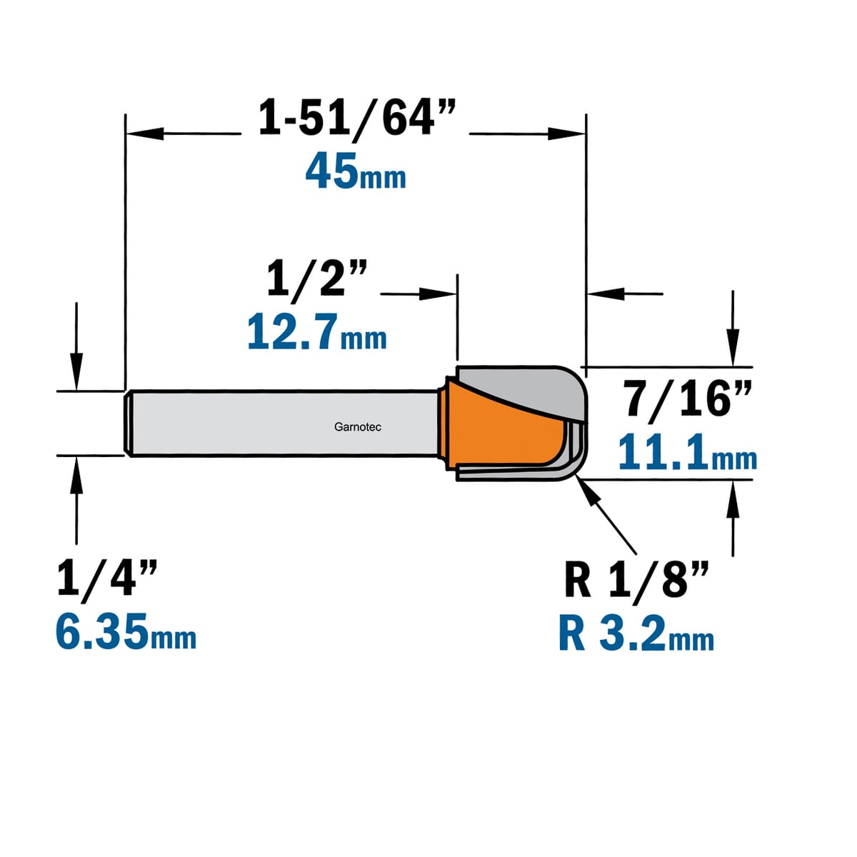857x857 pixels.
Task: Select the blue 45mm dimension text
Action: pyautogui.click(x=356, y=171)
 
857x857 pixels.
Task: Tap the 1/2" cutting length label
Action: pyautogui.click(x=318, y=280)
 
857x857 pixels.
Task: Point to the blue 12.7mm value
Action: pyautogui.click(x=316, y=332)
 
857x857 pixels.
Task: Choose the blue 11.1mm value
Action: pyautogui.click(x=688, y=451)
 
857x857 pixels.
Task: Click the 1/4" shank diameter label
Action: pyautogui.click(x=107, y=578)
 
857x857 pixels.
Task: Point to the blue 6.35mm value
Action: pyautogui.click(x=126, y=631)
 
